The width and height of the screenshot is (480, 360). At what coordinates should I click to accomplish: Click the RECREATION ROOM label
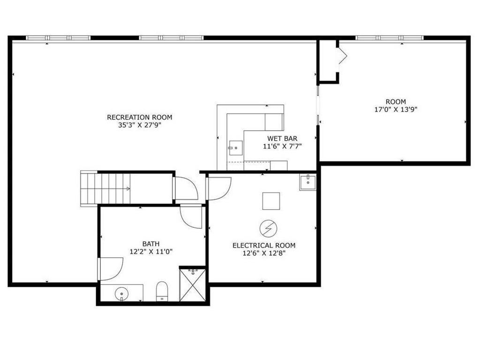coord(139,117)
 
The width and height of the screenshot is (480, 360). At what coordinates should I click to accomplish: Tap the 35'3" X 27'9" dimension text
coord(140,125)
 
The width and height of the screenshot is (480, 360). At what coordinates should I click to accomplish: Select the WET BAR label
coord(282,138)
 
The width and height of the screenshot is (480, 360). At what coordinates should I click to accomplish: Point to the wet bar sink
coord(236,148)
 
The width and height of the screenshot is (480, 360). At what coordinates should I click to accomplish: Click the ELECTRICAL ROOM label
coord(264,246)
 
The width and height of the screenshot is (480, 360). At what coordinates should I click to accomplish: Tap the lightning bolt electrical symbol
coord(269,228)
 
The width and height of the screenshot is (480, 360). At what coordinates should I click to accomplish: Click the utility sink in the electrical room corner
coord(307,182)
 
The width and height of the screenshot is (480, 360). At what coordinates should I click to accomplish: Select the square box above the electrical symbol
coord(271,201)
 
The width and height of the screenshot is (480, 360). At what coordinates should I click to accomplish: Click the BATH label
coord(151,244)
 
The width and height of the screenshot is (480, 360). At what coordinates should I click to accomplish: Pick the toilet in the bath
coord(162,291)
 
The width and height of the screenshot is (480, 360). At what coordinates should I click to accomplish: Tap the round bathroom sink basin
coord(121,294)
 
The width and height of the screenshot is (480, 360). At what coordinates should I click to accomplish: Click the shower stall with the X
coord(193,285)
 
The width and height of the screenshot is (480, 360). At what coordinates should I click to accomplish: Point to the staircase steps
coord(105,188)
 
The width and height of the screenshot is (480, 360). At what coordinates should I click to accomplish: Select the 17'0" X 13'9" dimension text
coord(396,110)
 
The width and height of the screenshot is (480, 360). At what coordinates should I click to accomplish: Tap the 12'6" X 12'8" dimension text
coord(264,254)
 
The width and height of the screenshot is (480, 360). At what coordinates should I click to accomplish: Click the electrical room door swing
coord(218,189)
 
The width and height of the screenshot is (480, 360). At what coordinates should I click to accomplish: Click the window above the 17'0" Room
coord(390,38)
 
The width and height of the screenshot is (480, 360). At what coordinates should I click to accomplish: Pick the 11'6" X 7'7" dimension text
coord(282,146)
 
